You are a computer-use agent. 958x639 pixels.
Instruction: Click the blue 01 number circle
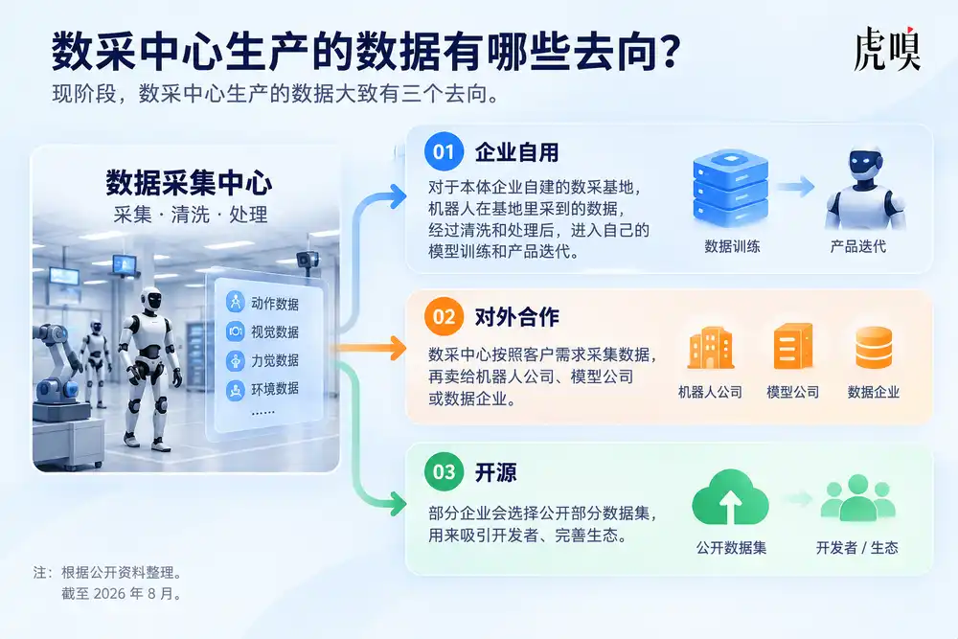[444, 151]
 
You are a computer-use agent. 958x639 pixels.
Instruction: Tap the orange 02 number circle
[444, 316]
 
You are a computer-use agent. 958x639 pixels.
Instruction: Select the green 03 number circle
[444, 471]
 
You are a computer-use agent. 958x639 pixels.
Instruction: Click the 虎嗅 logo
[886, 49]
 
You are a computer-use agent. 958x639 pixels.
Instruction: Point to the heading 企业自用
[517, 152]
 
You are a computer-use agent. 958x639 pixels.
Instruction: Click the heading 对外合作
[517, 317]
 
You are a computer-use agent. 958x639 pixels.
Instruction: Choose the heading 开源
[495, 472]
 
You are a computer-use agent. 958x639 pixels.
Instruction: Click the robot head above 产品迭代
[865, 161]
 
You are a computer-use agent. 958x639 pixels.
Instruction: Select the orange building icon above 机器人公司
[710, 348]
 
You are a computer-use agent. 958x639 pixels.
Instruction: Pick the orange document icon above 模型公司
[793, 347]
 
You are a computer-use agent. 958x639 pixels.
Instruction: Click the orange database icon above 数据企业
[874, 348]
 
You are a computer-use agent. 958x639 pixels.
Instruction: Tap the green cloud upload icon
[730, 497]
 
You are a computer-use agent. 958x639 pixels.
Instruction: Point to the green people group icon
[857, 497]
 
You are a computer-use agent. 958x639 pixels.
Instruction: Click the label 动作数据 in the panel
[275, 304]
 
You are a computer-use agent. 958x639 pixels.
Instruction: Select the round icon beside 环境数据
[236, 389]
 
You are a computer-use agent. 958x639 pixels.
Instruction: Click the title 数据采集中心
[189, 183]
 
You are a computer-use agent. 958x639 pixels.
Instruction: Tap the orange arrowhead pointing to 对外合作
[399, 348]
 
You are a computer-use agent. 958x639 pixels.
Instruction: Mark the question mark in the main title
[670, 51]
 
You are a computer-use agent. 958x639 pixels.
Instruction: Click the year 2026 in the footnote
[109, 593]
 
